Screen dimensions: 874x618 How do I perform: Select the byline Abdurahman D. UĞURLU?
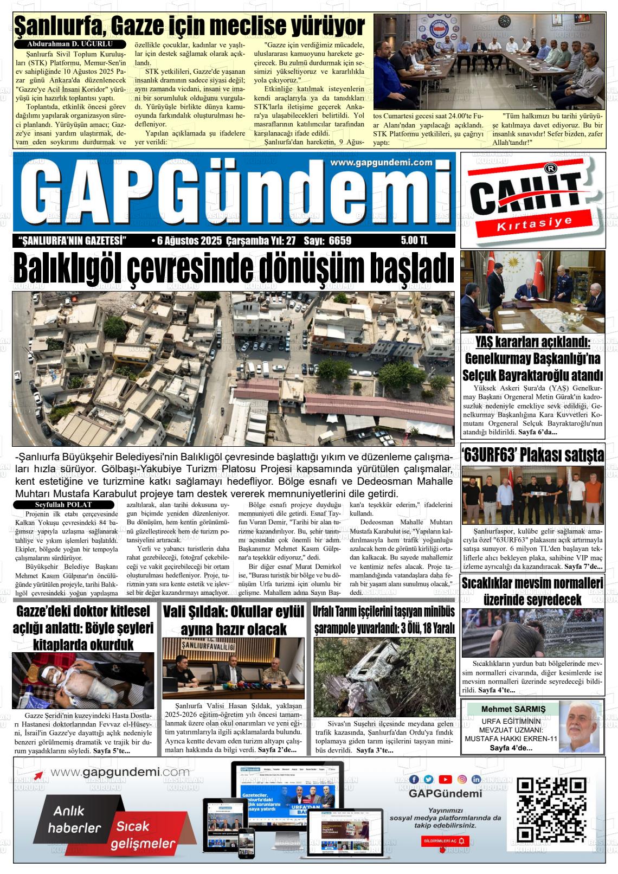click(69, 44)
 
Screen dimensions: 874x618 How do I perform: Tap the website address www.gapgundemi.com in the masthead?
click(381, 163)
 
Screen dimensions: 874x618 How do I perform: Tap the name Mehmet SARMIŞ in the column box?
click(513, 709)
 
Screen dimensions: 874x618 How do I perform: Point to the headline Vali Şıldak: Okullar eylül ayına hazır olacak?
click(234, 620)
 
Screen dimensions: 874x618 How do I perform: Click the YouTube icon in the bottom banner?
click(445, 779)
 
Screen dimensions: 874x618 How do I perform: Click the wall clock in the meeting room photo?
click(504, 21)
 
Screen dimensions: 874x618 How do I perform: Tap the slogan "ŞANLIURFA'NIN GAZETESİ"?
click(72, 241)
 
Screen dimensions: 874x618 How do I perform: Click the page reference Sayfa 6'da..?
click(537, 432)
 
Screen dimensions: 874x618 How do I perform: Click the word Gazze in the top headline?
click(128, 25)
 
